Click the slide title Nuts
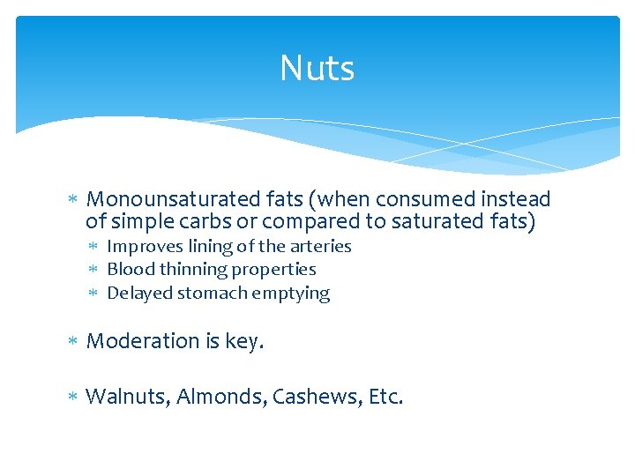(x=317, y=69)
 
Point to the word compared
(x=337, y=221)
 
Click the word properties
(x=272, y=270)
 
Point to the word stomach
(x=205, y=294)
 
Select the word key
(x=244, y=341)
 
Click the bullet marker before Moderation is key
(x=73, y=341)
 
